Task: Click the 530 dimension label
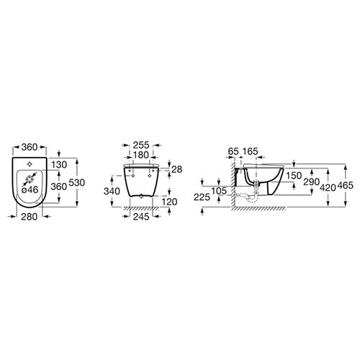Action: coord(77,183)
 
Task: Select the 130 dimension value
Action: coord(59,165)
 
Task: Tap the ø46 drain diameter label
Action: coord(30,190)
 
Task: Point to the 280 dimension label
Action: coord(30,217)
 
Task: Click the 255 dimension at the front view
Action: coord(141,145)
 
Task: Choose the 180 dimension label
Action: coord(141,155)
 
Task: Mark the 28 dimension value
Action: coord(177,169)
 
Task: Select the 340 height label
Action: coord(112,192)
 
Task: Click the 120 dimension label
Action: coord(169,202)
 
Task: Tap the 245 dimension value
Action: coord(141,217)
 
